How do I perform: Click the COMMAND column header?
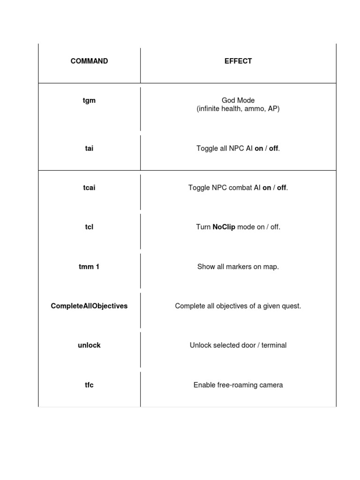89,61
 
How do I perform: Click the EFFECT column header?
238,61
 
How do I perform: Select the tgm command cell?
89,100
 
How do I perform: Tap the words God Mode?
238,100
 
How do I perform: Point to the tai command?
89,149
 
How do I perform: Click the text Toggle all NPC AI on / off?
238,149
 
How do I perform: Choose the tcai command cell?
89,188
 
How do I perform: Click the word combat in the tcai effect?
237,188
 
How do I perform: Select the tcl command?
89,227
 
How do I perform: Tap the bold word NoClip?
224,227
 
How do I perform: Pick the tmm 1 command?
89,267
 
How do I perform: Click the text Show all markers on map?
238,267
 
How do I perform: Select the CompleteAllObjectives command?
89,306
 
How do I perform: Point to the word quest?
291,306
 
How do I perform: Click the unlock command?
89,345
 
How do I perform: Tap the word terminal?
273,345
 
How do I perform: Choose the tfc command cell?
89,385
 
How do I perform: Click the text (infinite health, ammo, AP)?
238,109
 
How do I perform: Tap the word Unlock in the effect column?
200,345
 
